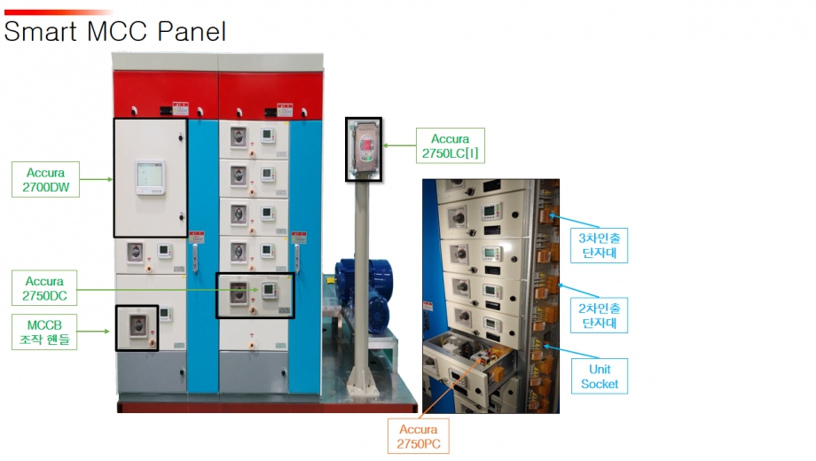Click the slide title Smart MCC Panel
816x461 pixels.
[x=115, y=31]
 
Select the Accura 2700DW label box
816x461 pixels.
[x=46, y=179]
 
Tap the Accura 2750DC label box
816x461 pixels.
[x=44, y=288]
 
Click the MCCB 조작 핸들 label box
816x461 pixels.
[x=44, y=332]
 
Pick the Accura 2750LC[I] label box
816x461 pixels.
[x=451, y=145]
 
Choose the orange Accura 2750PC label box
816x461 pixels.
[x=419, y=436]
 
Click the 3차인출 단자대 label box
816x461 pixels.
[x=599, y=246]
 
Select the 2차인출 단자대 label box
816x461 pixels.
[x=599, y=316]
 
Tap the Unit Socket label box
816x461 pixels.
[x=600, y=376]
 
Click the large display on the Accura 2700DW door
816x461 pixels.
[x=151, y=178]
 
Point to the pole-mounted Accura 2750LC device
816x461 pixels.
[x=364, y=149]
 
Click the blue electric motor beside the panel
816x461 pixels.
[x=365, y=294]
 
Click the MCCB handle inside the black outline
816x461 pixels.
[x=137, y=327]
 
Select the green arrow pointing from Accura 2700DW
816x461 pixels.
[x=97, y=179]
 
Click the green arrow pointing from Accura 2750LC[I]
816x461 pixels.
[x=400, y=145]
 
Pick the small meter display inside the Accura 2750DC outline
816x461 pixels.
[x=270, y=290]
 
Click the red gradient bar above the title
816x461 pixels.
[x=59, y=12]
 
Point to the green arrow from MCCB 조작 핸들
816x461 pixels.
[x=93, y=332]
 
